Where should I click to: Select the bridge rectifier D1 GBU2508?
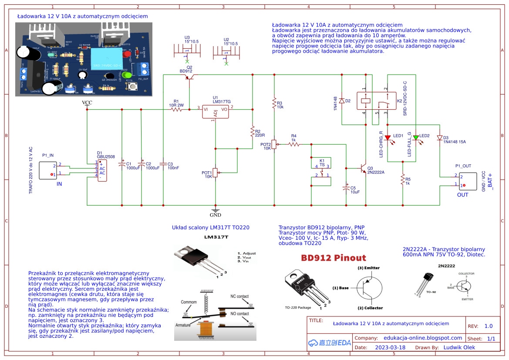point(101,170)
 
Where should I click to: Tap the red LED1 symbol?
point(388,138)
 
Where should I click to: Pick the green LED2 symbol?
point(416,138)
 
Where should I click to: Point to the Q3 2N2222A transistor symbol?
point(361,168)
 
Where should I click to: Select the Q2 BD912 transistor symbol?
point(190,77)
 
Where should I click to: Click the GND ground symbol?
point(216,211)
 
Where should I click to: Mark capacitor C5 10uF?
point(346,188)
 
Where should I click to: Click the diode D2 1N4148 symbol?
point(342,101)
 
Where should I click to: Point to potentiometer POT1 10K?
point(215,173)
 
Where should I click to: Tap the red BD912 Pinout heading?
point(334,258)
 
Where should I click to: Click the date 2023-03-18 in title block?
point(390,348)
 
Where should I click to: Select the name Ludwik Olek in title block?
point(459,347)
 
